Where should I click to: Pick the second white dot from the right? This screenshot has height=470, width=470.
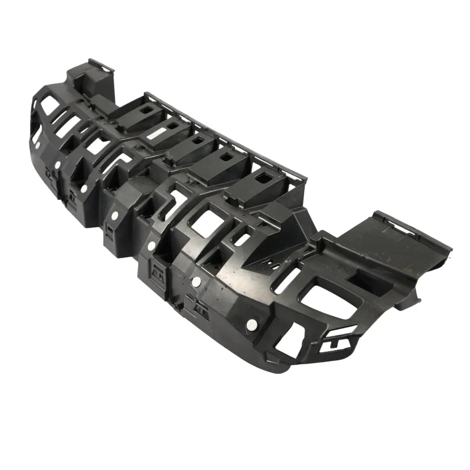tap(195, 281)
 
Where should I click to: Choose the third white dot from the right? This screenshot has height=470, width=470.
tap(151, 246)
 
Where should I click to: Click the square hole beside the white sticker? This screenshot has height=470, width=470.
tap(173, 126)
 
